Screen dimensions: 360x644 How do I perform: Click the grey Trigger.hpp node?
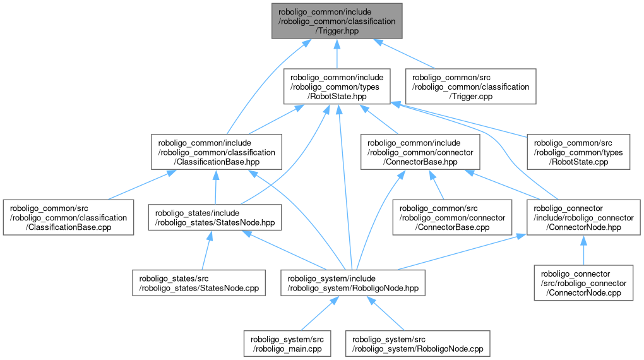pyautogui.click(x=337, y=21)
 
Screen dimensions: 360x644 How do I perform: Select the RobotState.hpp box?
pyautogui.click(x=337, y=87)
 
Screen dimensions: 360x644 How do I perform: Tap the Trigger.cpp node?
pyautogui.click(x=471, y=87)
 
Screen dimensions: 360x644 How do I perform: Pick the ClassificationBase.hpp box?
pyautogui.click(x=215, y=152)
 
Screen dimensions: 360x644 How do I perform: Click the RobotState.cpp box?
pyautogui.click(x=578, y=152)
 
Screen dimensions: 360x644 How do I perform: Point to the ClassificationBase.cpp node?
pyautogui.click(x=68, y=217)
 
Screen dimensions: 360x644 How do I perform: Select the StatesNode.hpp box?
pyautogui.click(x=215, y=217)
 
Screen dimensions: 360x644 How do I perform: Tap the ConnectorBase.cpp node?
pyautogui.click(x=453, y=217)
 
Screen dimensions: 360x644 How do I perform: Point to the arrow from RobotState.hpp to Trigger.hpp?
pyautogui.click(x=337, y=54)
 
